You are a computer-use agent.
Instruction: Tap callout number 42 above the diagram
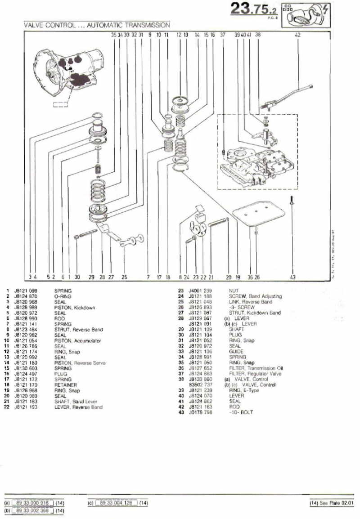pos(297,34)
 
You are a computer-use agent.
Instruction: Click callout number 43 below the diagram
pos(292,277)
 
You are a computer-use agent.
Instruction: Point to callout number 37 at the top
pos(222,34)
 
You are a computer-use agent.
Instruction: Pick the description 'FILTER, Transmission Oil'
pos(256,368)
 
